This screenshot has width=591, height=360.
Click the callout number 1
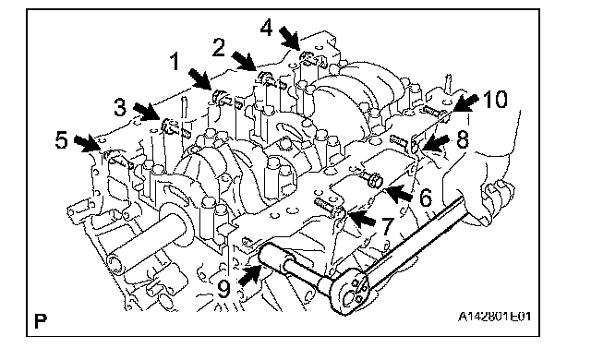175,62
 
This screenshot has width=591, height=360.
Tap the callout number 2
219,48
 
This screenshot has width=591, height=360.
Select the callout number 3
120,107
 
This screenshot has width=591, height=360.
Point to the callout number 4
267,28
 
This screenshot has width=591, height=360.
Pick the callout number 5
62,139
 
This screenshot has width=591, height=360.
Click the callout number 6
426,198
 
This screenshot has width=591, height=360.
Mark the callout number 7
388,226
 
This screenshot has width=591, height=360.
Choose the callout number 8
463,139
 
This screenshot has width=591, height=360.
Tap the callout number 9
223,289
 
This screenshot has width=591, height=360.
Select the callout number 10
495,100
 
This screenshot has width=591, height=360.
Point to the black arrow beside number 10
465,102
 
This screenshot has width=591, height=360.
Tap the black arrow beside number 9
250,273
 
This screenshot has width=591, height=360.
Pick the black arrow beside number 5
88,144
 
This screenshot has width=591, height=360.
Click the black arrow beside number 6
399,193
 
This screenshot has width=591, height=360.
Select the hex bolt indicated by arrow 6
371,179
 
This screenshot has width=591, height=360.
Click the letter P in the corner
41,321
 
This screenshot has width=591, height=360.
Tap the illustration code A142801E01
495,317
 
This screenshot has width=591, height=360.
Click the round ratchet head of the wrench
349,294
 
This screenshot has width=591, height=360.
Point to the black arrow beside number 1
199,79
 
